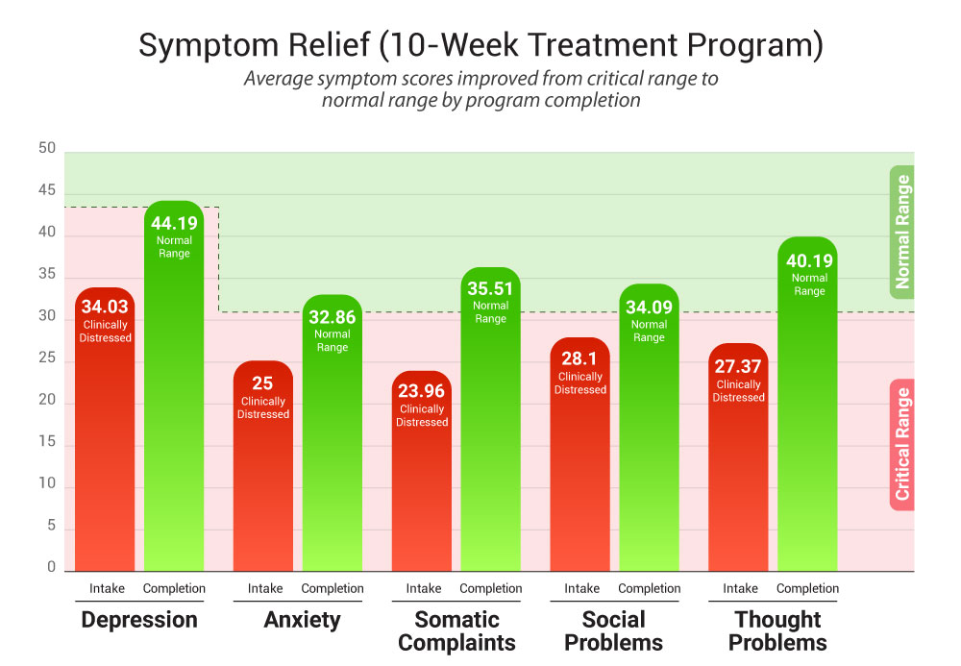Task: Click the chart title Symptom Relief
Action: coord(480,45)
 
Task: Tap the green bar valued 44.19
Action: coord(174,404)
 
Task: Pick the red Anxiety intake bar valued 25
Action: coord(263,481)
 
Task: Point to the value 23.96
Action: coord(422,390)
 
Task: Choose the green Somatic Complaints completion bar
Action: coord(490,442)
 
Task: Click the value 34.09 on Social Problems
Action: coord(649,308)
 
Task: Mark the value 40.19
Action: coord(809,260)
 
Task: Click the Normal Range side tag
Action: coord(901,232)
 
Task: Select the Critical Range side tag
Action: coord(901,444)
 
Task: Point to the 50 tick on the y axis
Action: coord(47,150)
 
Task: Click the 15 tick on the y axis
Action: coord(47,445)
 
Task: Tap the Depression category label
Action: coord(139,620)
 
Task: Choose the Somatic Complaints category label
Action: coord(456,631)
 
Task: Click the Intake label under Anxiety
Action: coord(265,588)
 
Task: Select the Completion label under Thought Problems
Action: coord(807,588)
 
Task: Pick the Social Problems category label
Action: coord(614,631)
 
